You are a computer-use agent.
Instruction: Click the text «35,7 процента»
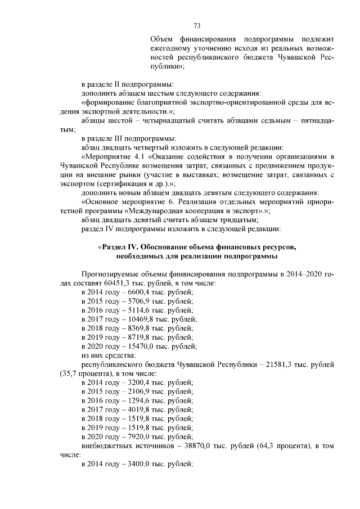pyautogui.click(x=86, y=373)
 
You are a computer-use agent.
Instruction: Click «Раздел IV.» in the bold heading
pyautogui.click(x=119, y=247)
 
